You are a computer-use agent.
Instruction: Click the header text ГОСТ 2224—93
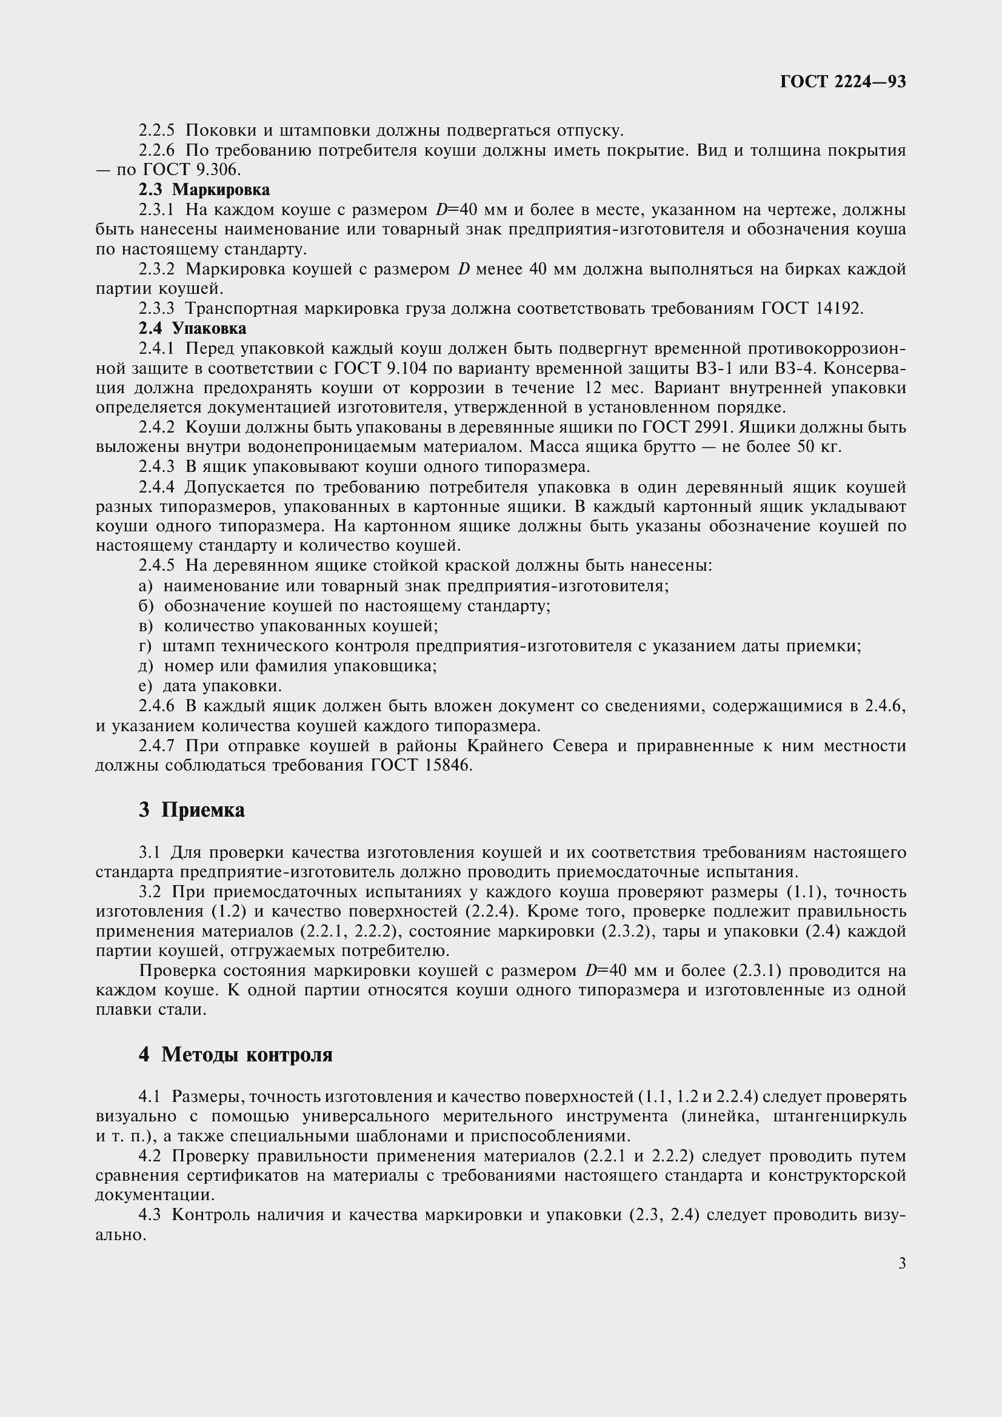(843, 81)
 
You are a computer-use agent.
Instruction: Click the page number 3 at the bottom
(902, 1263)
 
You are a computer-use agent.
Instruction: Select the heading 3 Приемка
(192, 810)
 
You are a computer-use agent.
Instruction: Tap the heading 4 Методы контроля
(235, 1054)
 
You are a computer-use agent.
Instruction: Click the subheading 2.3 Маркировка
(204, 190)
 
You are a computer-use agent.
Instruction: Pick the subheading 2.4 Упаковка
(192, 328)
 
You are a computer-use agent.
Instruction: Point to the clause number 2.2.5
(157, 130)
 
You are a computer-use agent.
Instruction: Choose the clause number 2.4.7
(157, 746)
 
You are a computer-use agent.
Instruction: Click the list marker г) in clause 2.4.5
(145, 646)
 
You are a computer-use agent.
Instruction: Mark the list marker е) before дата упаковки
(145, 686)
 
